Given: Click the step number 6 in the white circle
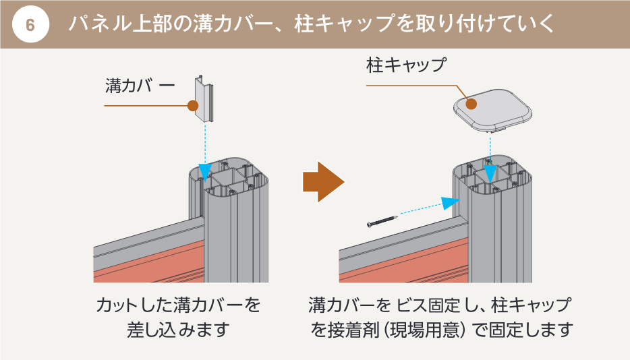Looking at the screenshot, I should [31, 25].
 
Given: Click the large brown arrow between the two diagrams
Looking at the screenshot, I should [322, 181].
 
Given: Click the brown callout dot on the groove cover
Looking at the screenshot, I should [192, 106].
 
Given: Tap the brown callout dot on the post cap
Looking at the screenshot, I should [471, 104].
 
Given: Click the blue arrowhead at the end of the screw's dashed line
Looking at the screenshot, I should [450, 203].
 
